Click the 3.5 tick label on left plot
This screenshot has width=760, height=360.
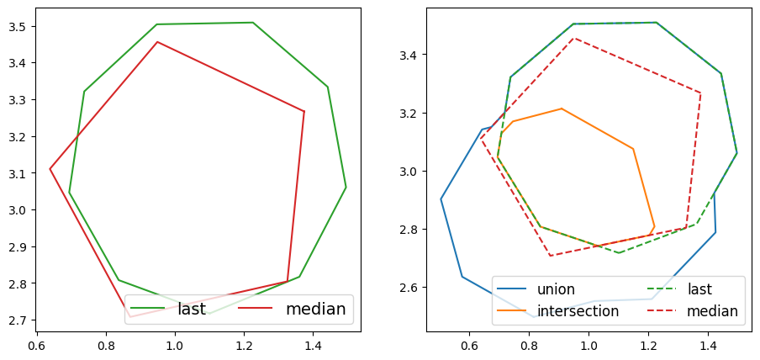coord(16,26)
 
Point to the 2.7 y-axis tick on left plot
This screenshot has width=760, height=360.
coord(16,320)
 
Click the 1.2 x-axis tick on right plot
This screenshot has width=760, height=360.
coord(648,344)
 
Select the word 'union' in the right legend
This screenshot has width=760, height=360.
coord(556,289)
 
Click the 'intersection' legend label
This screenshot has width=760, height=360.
coord(578,311)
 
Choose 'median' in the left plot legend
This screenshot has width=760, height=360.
coord(315,309)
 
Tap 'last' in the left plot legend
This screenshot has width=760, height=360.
coord(192,309)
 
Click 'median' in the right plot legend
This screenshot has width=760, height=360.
coord(712,311)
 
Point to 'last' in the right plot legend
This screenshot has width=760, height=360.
coord(699,289)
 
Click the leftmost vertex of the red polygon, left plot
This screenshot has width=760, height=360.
coord(50,169)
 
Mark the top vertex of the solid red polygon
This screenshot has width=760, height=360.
coord(157,41)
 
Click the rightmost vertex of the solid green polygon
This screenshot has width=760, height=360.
coord(346,187)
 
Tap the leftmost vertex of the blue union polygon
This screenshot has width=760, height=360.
coord(441,199)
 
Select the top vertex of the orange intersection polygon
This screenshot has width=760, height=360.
coord(562,109)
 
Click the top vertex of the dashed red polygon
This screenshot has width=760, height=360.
coord(573,37)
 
